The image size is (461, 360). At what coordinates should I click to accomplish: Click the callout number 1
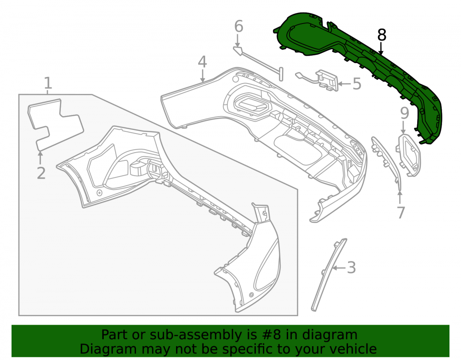click(x=48, y=83)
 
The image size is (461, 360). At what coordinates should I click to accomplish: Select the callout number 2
click(x=41, y=173)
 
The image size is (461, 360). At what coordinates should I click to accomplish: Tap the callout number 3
click(x=351, y=268)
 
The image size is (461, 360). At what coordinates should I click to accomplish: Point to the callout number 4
click(x=202, y=62)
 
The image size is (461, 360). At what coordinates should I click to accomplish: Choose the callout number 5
click(x=357, y=84)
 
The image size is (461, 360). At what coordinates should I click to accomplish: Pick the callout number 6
click(x=239, y=26)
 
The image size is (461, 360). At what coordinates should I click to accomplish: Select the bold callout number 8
click(x=381, y=35)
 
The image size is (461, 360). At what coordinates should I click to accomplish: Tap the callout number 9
click(x=405, y=113)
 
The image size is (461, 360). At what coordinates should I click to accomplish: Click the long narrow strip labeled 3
click(x=329, y=275)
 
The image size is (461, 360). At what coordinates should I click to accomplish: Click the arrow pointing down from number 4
click(x=202, y=75)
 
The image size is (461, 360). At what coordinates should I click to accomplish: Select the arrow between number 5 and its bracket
click(x=344, y=84)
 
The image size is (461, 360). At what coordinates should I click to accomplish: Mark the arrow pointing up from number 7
click(x=400, y=197)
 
